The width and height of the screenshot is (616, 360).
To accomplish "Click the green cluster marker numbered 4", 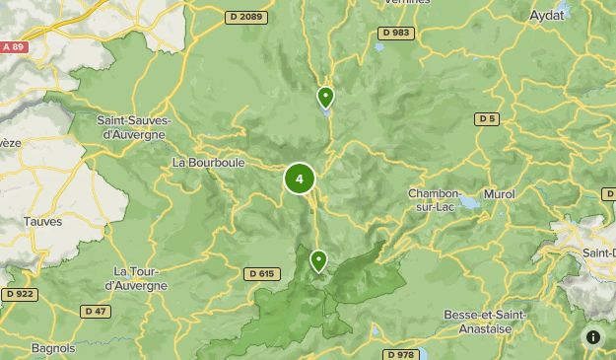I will point(300,180).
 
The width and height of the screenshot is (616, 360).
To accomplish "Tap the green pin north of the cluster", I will point(325,98).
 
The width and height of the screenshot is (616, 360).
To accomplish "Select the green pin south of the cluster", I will point(318,261).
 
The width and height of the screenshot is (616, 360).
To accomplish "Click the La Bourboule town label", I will point(208,162).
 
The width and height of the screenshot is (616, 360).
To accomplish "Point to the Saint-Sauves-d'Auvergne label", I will point(135,127).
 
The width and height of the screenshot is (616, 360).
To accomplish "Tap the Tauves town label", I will point(43,222).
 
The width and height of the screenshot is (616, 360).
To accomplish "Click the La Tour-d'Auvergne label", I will point(136,278).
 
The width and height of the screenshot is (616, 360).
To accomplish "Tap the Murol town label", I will point(499,194).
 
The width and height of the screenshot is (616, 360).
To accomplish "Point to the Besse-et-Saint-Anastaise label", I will point(486,322).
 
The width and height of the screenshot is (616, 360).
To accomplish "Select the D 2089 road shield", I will point(244,17).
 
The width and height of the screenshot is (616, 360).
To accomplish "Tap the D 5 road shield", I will point(486,119).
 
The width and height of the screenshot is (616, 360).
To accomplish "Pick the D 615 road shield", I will point(261,273).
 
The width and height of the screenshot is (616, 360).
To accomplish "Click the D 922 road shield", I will point(19,294).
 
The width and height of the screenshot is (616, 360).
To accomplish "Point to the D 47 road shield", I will point(95,312).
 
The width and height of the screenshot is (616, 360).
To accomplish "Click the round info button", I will point(593,337).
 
